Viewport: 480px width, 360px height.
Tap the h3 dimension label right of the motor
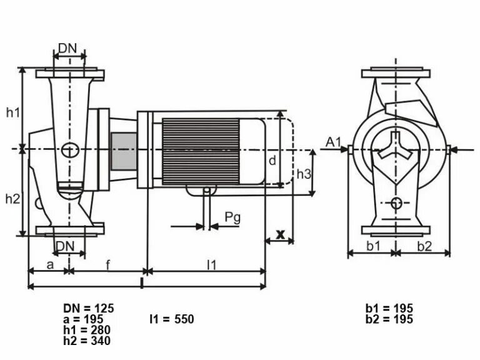point(303,174)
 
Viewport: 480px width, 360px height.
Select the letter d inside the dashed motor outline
point(272,161)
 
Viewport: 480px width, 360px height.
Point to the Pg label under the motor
point(232,217)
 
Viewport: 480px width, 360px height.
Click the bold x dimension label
point(281,234)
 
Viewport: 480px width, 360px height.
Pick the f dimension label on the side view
point(107,264)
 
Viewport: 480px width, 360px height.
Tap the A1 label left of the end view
point(333,142)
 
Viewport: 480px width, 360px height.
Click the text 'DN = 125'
point(88,308)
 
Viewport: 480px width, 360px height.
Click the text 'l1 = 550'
point(171,319)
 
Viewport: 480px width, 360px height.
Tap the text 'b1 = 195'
point(389,308)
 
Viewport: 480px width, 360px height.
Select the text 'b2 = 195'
point(389,319)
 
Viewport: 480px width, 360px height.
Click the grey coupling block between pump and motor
point(123,152)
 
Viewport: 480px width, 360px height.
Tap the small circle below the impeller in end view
point(396,202)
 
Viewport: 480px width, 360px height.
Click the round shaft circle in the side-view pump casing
point(70,150)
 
